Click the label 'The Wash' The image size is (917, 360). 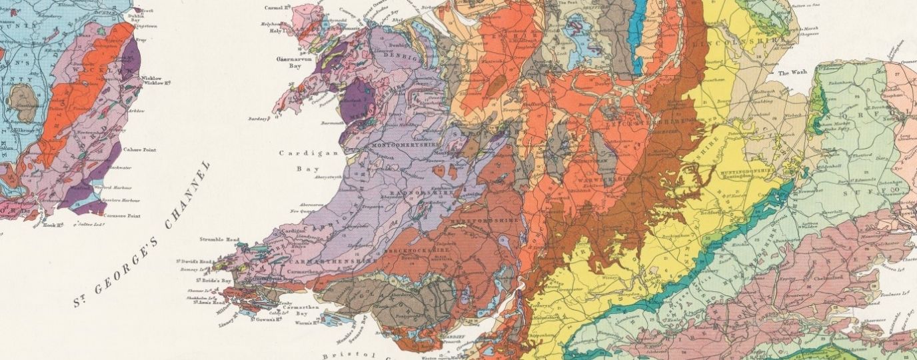(792, 73)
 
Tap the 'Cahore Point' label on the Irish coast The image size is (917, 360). (141, 150)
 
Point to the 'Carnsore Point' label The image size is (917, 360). (126, 215)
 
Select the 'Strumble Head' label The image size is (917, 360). (219, 239)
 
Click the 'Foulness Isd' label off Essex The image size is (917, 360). (891, 291)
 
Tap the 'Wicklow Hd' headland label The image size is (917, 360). (159, 83)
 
